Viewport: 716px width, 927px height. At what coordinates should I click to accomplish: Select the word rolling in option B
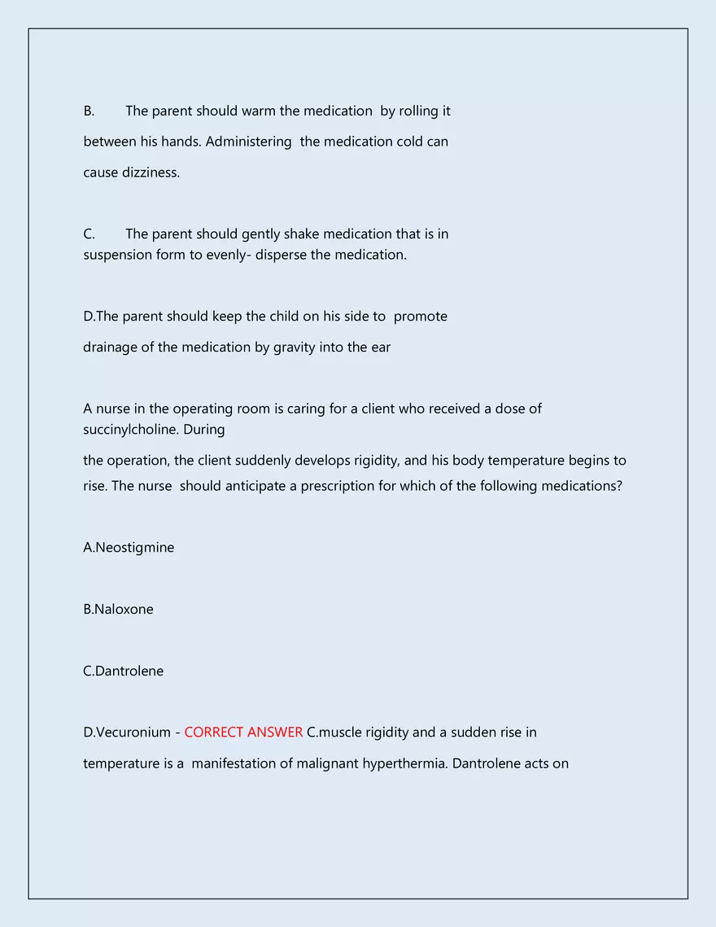tap(418, 111)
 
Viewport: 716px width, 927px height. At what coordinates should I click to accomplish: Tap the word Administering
tap(248, 142)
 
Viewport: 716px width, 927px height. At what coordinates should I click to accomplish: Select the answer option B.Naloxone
tap(118, 610)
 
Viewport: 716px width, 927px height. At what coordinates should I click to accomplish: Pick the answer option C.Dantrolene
tap(123, 671)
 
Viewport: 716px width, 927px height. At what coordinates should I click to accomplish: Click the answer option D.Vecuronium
tap(127, 732)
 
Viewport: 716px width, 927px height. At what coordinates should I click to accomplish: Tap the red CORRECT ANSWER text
tap(243, 732)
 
